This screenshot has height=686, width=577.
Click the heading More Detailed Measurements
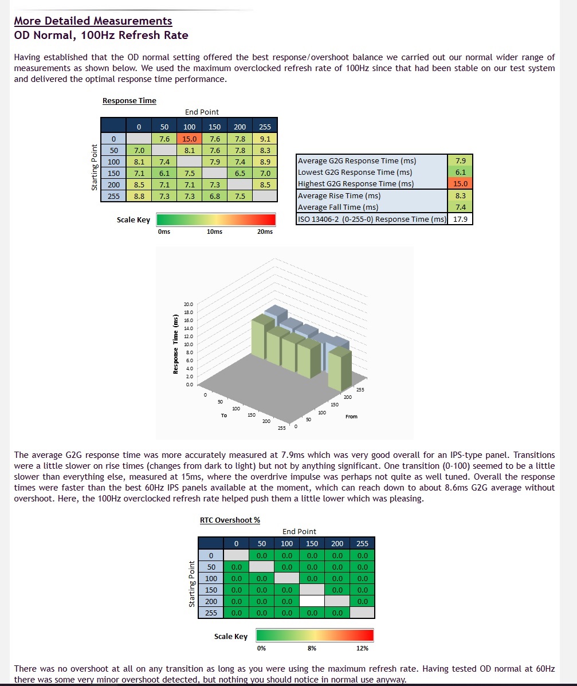93,21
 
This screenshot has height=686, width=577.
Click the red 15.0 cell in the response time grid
189,138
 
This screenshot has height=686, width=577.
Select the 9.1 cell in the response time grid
265,138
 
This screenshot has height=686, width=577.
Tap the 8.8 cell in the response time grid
139,196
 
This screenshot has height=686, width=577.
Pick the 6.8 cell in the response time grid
214,196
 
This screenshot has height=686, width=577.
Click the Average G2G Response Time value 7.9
460,161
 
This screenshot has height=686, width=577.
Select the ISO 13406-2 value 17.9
461,219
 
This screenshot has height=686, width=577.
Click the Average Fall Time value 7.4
460,207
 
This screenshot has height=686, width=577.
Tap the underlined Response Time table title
129,101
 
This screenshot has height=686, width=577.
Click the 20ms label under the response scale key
265,232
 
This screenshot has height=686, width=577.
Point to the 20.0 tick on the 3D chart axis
188,304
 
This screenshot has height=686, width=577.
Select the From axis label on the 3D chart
351,417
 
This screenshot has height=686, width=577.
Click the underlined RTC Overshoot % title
230,520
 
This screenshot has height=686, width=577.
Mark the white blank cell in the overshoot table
312,601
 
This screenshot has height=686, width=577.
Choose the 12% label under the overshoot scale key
362,648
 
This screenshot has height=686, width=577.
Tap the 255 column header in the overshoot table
362,543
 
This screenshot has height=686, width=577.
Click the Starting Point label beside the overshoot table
191,584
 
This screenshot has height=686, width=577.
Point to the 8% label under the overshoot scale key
312,648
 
